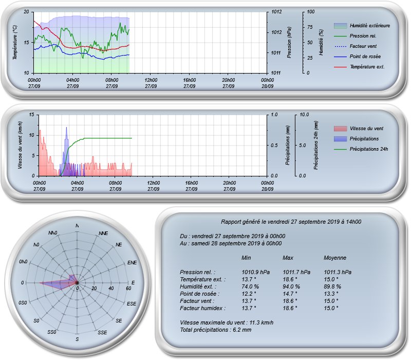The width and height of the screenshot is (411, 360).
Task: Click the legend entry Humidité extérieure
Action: [x=362, y=26]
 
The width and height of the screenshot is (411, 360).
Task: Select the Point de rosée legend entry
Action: [x=357, y=57]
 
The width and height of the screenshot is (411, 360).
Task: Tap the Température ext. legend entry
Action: [x=359, y=67]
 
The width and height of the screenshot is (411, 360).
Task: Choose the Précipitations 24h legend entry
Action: [x=361, y=149]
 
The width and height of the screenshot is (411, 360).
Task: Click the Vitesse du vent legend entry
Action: [x=358, y=129]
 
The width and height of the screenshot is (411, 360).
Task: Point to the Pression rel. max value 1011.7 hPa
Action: [x=296, y=272]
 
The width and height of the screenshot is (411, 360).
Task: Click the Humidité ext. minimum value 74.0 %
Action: [x=250, y=286]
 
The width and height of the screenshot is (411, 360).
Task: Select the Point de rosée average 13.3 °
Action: [x=331, y=294]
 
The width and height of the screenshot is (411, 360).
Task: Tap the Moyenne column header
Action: [x=335, y=258]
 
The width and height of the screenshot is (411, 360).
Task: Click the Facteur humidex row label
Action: [x=202, y=308]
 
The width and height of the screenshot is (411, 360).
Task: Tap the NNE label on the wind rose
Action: [x=103, y=233]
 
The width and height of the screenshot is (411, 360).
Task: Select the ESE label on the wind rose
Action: [x=132, y=303]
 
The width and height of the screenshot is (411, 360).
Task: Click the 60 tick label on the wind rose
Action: [x=128, y=289]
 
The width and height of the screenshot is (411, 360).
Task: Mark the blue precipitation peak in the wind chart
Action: [x=66, y=128]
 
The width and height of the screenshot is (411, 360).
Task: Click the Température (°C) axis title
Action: [x=15, y=42]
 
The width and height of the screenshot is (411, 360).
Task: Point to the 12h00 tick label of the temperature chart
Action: [x=151, y=80]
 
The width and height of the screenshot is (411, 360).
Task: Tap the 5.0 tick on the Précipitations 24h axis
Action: [x=302, y=145]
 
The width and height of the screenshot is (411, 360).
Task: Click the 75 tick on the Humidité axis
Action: [x=310, y=27]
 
